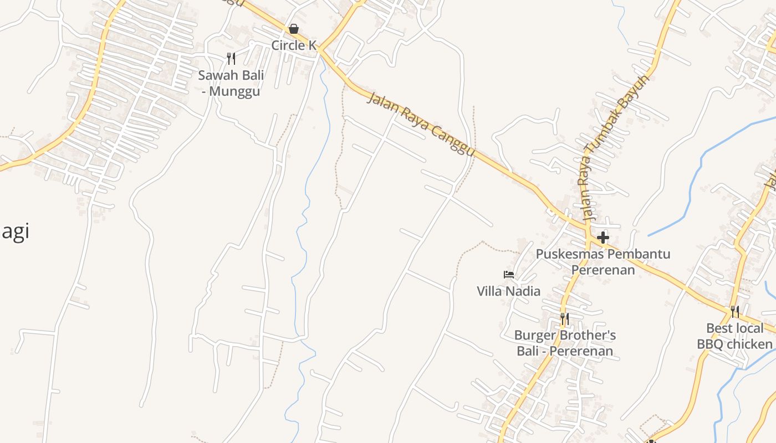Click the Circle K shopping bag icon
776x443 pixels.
[294, 29]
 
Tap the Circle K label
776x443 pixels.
[293, 45]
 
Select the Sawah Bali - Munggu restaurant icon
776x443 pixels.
[231, 58]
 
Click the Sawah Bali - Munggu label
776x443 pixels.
[231, 83]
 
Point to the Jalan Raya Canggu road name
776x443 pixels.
[421, 124]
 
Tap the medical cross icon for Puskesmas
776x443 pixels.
[603, 238]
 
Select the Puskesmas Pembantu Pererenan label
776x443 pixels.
[603, 262]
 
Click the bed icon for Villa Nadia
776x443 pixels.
[508, 274]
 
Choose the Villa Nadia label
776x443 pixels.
[508, 291]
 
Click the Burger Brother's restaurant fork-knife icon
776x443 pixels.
[564, 318]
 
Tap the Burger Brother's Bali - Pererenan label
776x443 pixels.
[565, 343]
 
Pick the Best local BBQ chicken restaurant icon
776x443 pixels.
[734, 312]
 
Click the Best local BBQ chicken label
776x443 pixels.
[734, 336]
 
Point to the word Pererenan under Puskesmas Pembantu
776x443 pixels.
[603, 270]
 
